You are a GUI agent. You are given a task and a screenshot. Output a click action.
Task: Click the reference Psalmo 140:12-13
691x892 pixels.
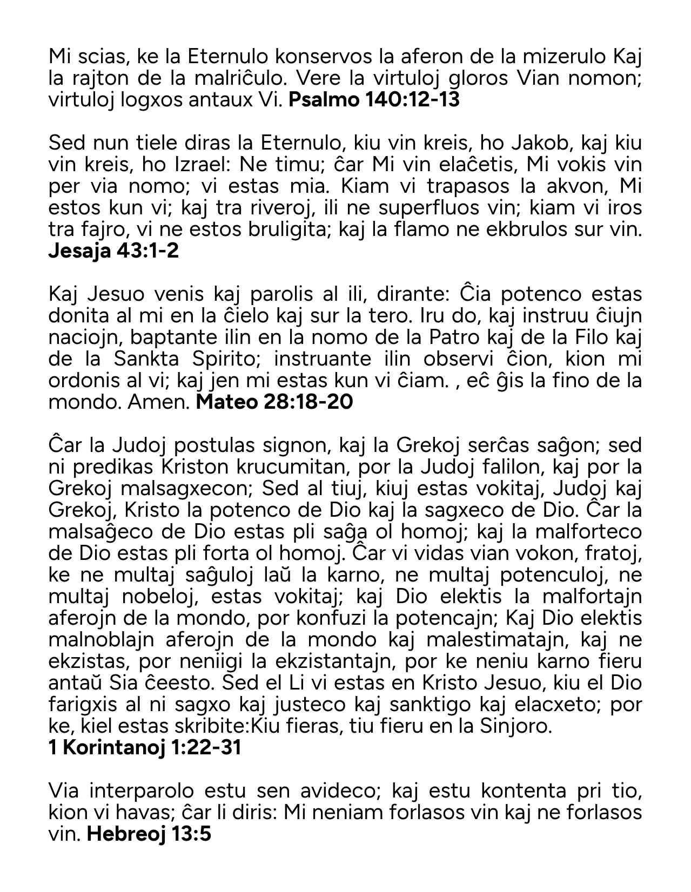(374, 100)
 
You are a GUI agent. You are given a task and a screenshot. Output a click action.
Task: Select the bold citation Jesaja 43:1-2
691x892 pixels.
(113, 251)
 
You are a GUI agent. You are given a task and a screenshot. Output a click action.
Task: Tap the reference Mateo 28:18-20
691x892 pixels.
(274, 402)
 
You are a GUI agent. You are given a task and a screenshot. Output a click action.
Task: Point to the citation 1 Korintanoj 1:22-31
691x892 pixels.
(145, 748)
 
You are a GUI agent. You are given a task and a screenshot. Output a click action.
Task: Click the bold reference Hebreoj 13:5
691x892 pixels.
(149, 834)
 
